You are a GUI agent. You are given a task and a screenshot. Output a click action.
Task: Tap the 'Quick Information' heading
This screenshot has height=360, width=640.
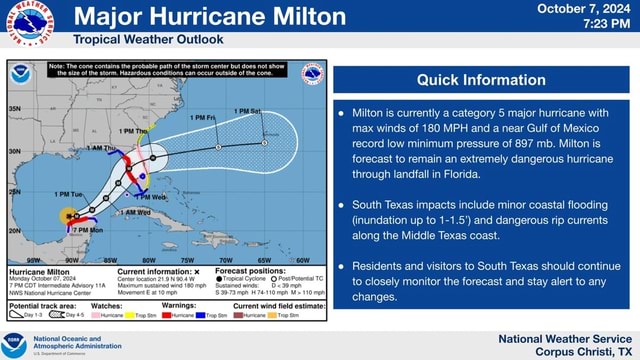click(x=481, y=80)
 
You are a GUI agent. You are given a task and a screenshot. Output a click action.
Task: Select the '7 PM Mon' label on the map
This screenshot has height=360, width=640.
click(x=88, y=230)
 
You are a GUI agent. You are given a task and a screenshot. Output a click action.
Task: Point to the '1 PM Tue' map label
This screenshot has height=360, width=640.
click(x=70, y=194)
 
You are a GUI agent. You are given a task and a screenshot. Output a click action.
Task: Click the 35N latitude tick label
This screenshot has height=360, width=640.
click(x=15, y=107)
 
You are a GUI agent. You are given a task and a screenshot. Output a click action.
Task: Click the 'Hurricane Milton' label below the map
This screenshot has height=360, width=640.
click(x=38, y=271)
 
